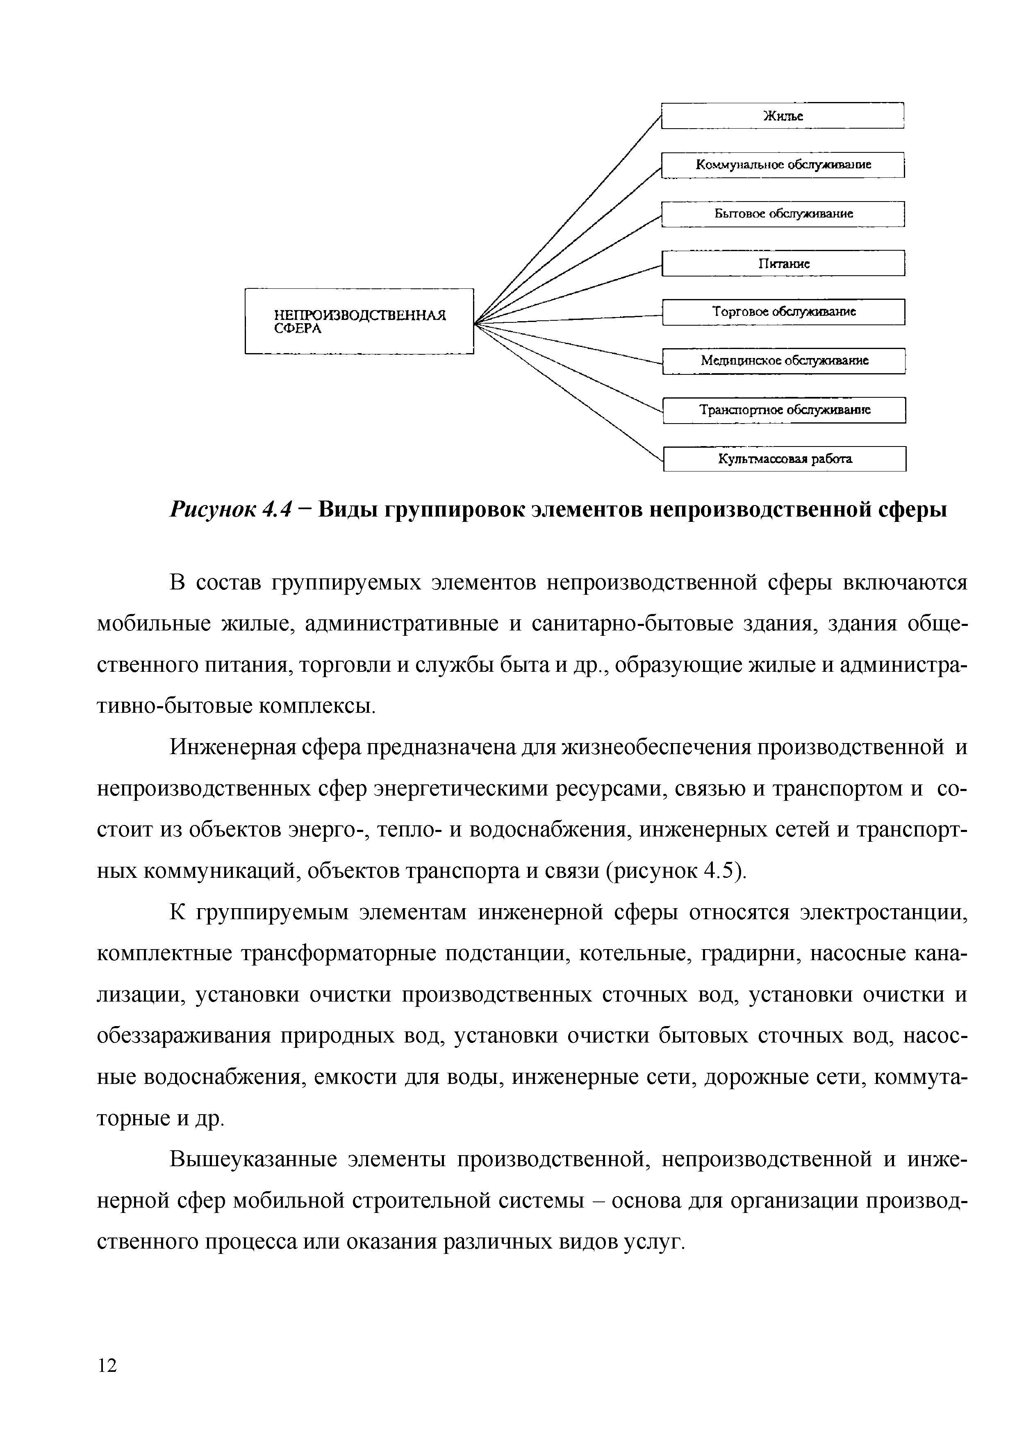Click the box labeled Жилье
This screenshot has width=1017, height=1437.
tap(783, 116)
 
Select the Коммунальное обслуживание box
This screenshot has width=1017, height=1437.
tap(783, 165)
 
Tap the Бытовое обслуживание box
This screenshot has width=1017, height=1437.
tap(783, 214)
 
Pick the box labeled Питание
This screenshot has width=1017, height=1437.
tap(783, 263)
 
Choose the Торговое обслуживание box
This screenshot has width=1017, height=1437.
tap(783, 312)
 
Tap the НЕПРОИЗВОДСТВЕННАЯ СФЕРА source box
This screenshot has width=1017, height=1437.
tap(359, 321)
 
